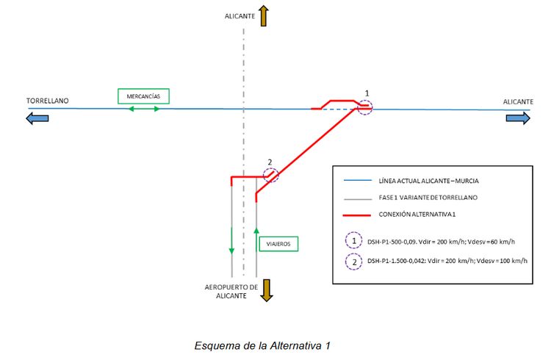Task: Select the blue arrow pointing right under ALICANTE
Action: (516, 118)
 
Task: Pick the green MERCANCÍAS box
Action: (143, 96)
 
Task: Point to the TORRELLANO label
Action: (48, 101)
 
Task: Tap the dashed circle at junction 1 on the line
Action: (365, 107)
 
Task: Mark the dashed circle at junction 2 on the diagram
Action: (271, 175)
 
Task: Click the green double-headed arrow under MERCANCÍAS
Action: (144, 109)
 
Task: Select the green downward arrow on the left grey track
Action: (231, 241)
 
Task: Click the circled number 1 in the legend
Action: (356, 240)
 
